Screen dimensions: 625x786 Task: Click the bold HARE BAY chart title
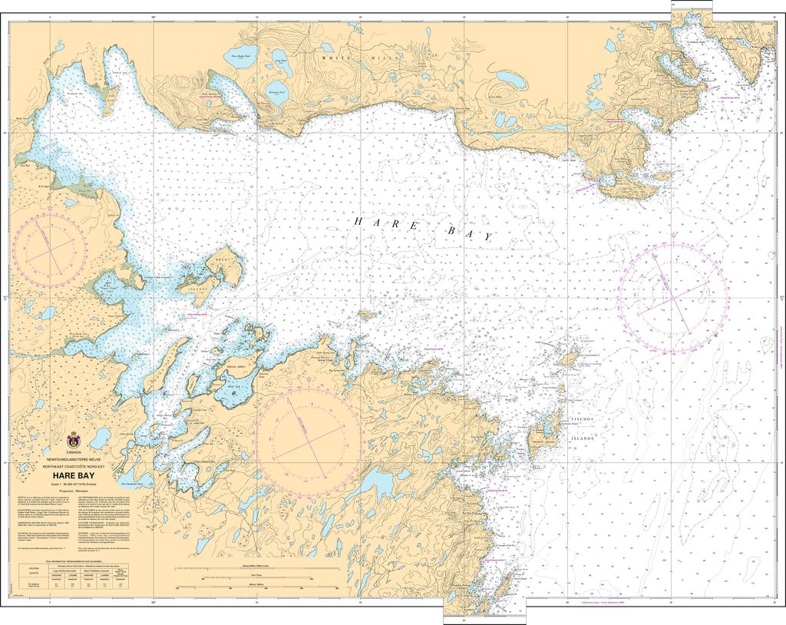click(x=74, y=475)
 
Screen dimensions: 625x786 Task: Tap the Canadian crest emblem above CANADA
click(x=74, y=441)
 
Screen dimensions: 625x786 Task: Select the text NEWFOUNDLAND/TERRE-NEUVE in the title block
click(x=74, y=459)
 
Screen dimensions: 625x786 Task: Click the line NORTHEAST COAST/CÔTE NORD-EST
click(x=74, y=466)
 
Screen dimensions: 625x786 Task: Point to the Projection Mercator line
click(x=74, y=488)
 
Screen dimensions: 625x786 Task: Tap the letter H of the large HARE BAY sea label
click(x=358, y=221)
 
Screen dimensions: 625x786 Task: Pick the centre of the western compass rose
click(x=50, y=246)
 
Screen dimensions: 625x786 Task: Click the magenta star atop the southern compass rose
click(x=309, y=380)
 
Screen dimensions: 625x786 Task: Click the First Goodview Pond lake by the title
click(x=135, y=485)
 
